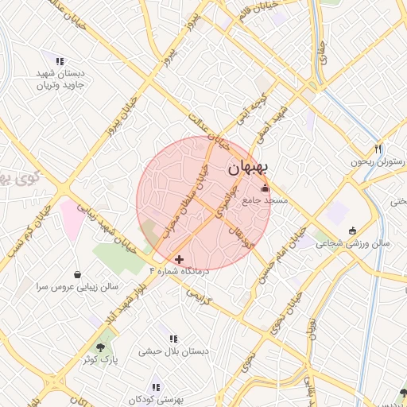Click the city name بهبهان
(249, 169)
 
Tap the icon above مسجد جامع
(265, 188)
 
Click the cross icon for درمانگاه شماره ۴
(179, 259)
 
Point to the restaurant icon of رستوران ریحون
(378, 149)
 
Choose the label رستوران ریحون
(378, 162)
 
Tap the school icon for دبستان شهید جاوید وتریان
(60, 61)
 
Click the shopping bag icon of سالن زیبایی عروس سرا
(76, 274)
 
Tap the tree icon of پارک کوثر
(100, 347)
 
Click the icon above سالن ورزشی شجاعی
(352, 231)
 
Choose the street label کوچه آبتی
(249, 114)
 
